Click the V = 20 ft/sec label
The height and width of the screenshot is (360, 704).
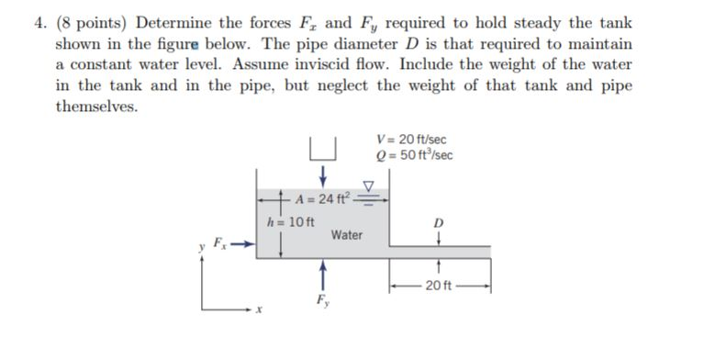(x=411, y=139)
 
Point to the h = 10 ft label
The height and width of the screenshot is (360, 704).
(x=290, y=221)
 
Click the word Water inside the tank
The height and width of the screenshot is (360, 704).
(x=347, y=235)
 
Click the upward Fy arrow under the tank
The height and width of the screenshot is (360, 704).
(x=321, y=275)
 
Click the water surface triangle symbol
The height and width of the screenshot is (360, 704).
(x=371, y=186)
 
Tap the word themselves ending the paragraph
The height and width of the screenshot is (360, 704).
(x=96, y=107)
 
